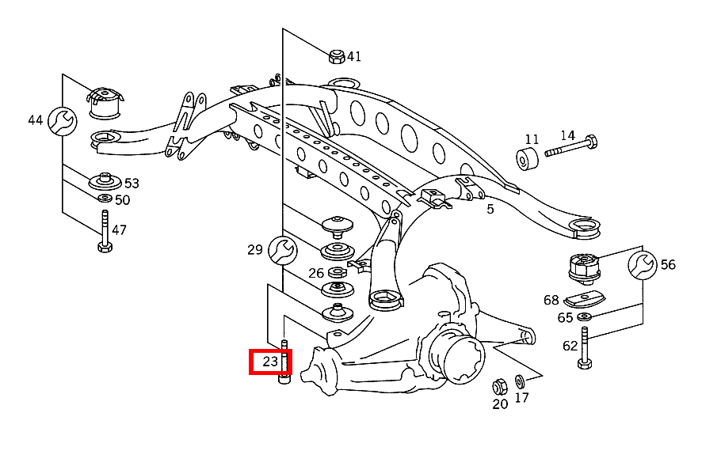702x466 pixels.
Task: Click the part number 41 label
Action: [353, 56]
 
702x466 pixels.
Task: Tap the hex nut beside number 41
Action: [336, 56]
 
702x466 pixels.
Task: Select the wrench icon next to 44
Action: [61, 120]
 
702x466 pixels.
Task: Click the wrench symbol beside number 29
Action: [280, 250]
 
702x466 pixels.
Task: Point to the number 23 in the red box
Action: [270, 362]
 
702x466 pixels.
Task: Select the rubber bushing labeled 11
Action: [528, 158]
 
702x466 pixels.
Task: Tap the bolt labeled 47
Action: [105, 233]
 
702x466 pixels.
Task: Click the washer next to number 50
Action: [105, 198]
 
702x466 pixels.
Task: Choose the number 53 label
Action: [131, 184]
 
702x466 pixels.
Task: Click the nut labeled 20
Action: [499, 387]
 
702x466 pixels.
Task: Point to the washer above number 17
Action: [520, 381]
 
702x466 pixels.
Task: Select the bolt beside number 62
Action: [585, 348]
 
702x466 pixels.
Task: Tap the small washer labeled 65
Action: [585, 317]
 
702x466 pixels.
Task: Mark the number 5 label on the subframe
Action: [490, 209]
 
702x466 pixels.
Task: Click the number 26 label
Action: [316, 273]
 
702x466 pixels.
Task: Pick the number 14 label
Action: [567, 135]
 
